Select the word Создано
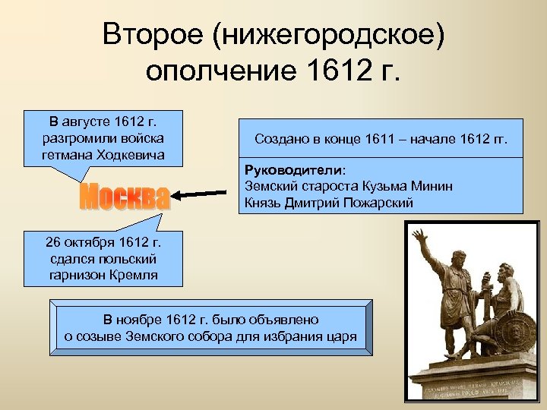280,140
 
